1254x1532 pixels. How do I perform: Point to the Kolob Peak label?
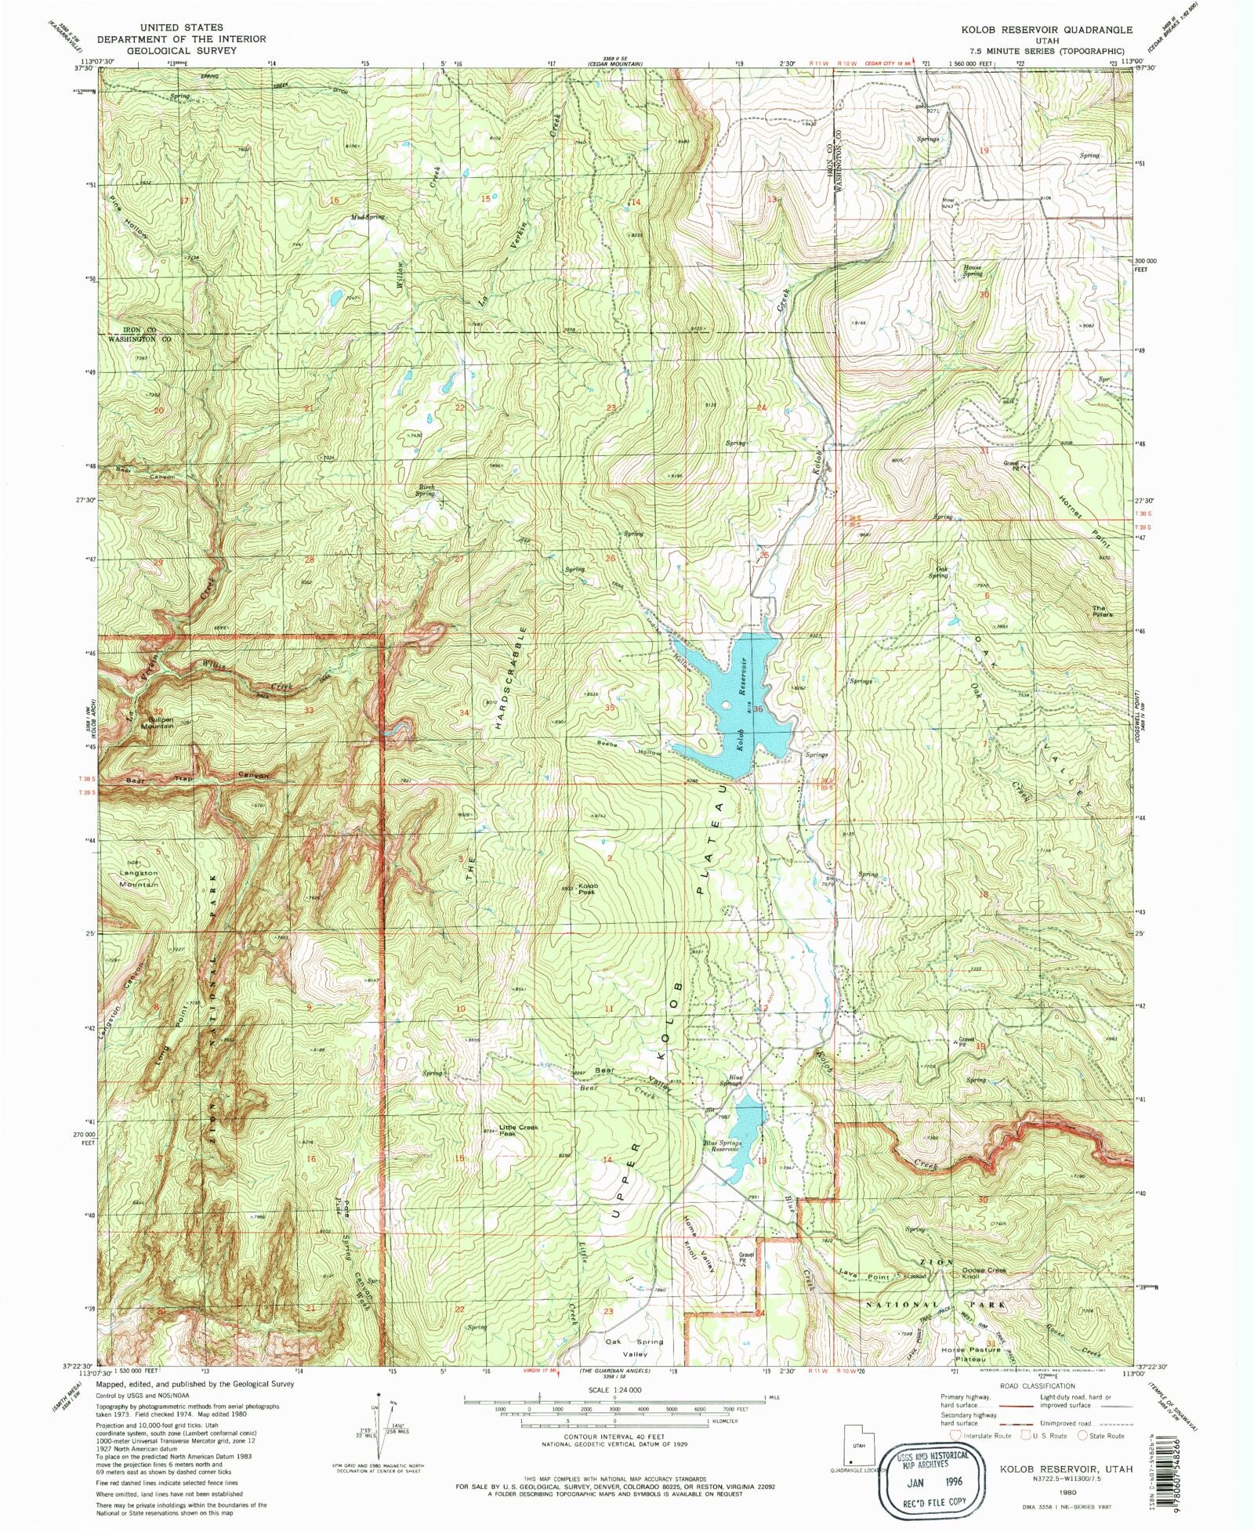(x=588, y=889)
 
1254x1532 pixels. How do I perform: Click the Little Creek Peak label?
(x=519, y=1130)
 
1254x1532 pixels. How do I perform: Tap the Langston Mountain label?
(x=139, y=878)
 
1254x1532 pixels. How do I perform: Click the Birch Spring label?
(x=426, y=491)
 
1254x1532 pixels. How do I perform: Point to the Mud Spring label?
(x=368, y=217)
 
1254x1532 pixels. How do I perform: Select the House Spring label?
(x=972, y=270)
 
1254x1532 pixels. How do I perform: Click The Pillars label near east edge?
(x=1103, y=610)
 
